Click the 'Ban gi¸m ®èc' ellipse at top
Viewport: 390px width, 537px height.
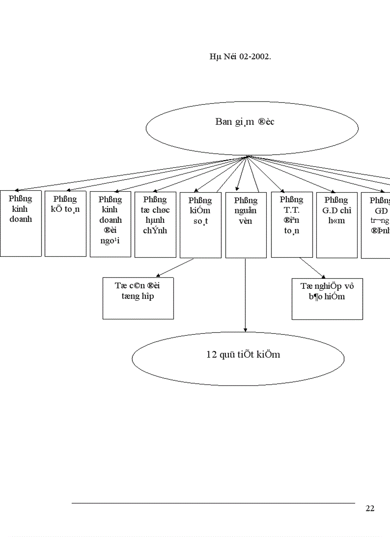pos(252,128)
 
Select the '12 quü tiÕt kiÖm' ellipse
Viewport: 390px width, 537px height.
pos(238,358)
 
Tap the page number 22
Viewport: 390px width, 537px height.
pos(370,508)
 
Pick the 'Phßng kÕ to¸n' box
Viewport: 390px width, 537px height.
pos(65,224)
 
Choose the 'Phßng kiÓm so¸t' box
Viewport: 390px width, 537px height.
pos(200,225)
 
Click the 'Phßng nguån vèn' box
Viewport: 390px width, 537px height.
pos(246,225)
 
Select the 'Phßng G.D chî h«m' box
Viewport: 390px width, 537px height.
pos(337,225)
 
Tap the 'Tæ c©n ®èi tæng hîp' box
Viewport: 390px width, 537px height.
pos(138,298)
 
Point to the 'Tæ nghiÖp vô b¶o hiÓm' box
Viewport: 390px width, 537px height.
pos(327,299)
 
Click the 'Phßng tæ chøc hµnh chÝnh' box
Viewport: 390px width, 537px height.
pos(155,224)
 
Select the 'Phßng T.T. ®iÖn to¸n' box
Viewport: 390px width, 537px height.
pos(292,224)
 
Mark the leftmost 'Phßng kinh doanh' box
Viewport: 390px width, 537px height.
pos(21,223)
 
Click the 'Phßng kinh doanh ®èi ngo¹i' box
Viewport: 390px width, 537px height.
pos(110,224)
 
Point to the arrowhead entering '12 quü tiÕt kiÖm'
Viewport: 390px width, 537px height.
pos(245,329)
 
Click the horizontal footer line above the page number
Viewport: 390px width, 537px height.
pos(213,503)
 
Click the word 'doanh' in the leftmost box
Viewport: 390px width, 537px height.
pos(21,219)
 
